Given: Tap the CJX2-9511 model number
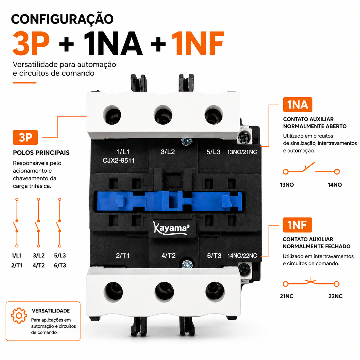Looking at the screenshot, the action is point(119,160).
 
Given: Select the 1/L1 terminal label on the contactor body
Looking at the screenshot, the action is point(123,152).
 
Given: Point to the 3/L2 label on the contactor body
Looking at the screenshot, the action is point(168,152).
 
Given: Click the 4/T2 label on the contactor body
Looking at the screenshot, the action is point(168,256).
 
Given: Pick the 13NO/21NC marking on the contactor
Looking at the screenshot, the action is point(242,152).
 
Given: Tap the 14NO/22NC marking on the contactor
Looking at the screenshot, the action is point(242,256).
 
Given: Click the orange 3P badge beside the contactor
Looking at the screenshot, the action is point(26,137).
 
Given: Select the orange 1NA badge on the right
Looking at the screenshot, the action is point(297,104).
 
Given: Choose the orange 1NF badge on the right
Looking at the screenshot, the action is point(297,225).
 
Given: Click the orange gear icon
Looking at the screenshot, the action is point(19,316).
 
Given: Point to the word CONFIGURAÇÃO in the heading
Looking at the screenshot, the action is point(62,19).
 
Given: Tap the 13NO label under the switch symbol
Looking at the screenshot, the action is point(287,185).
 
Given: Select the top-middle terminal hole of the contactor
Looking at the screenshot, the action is point(163,115).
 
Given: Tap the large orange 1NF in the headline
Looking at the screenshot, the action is point(198,43).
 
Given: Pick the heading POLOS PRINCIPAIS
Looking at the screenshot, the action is point(41,153).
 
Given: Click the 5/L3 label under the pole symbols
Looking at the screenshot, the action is point(60,256).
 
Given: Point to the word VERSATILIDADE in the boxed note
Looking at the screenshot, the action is point(51,311).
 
